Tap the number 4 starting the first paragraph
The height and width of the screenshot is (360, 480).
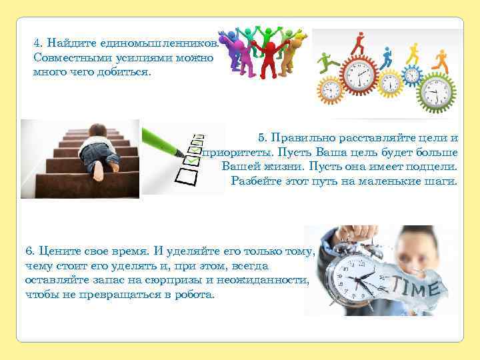point(37,43)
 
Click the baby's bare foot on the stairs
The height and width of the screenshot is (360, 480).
point(99,174)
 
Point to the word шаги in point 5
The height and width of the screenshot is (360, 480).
point(442,181)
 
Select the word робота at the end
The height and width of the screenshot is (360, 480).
point(195,294)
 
